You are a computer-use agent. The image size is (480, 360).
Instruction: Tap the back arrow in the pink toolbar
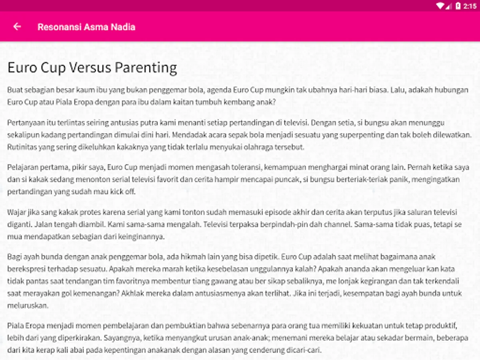[x=17, y=27]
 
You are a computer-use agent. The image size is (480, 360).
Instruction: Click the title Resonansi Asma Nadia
[x=86, y=27]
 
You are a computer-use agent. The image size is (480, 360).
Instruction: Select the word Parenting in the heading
[x=146, y=68]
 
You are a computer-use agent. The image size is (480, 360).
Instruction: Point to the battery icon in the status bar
[x=458, y=6]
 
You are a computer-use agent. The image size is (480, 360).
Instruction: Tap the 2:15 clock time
[x=470, y=6]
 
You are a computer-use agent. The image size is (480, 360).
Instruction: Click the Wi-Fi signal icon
[x=440, y=6]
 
